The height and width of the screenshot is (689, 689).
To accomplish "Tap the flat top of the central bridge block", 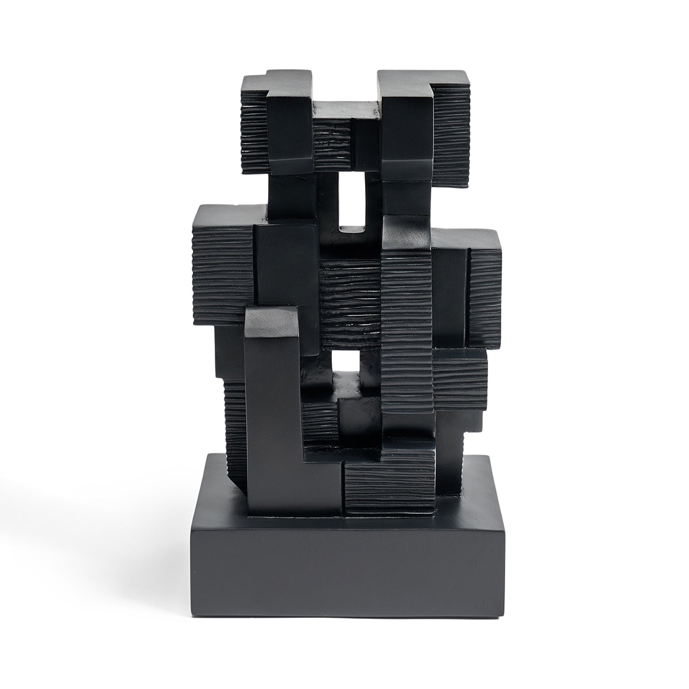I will (346, 109).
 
